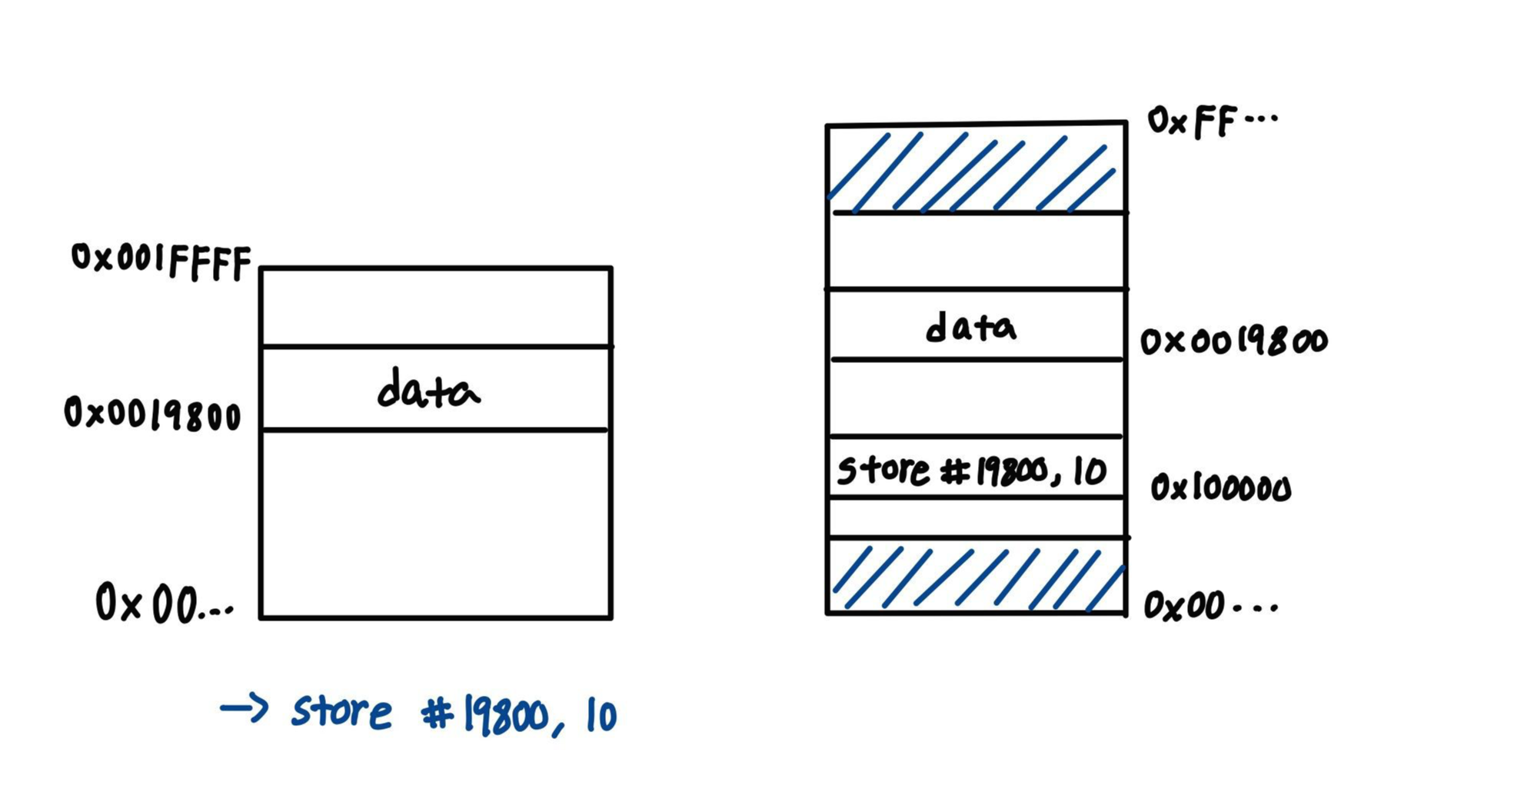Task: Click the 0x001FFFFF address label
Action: click(161, 261)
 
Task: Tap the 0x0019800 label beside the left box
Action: click(152, 414)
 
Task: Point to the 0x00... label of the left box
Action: click(164, 603)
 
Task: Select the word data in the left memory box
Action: click(428, 390)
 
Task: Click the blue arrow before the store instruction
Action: click(244, 707)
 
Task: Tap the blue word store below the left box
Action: click(341, 711)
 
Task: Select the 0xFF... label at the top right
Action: click(1211, 121)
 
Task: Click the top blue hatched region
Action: click(975, 169)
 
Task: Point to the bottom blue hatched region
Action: click(977, 576)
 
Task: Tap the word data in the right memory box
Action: click(970, 328)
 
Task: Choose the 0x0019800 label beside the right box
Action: click(1233, 341)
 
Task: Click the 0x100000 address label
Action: click(1220, 488)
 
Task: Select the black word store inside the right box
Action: click(883, 470)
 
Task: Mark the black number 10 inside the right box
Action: click(1090, 471)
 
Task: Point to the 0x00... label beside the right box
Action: click(1210, 606)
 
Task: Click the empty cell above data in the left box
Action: click(436, 308)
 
